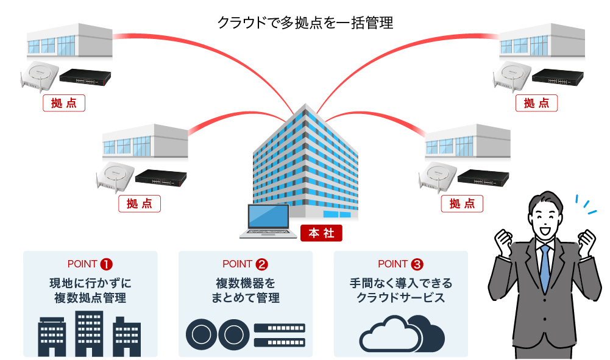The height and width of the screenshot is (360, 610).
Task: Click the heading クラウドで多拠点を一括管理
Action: click(305, 23)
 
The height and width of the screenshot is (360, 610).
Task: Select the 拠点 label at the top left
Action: click(64, 104)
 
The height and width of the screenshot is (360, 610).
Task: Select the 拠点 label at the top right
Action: click(536, 104)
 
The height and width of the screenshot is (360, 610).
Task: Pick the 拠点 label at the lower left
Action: click(139, 204)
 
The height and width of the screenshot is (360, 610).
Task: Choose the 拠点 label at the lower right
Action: click(462, 204)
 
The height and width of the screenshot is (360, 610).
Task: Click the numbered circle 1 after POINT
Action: click(107, 264)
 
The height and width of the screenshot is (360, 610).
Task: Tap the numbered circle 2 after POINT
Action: click(262, 264)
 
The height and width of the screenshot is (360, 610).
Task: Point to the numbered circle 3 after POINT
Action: click(417, 264)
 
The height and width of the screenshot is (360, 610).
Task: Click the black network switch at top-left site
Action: click(85, 77)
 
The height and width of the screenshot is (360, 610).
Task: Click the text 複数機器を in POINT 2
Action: click(246, 283)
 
